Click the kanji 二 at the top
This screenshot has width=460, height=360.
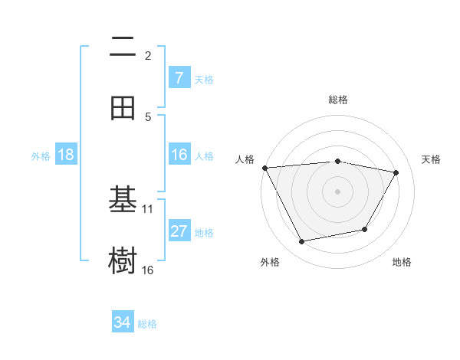pyautogui.click(x=123, y=48)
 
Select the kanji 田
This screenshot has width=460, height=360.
pyautogui.click(x=123, y=108)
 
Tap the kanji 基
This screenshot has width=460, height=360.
pyautogui.click(x=123, y=201)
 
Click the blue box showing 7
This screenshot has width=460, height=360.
pyautogui.click(x=179, y=78)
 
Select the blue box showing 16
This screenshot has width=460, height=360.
pyautogui.click(x=179, y=155)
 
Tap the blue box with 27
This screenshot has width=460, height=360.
pyautogui.click(x=179, y=231)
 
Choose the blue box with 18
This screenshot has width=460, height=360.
pyautogui.click(x=65, y=155)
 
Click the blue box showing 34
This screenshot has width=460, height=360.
pyautogui.click(x=122, y=322)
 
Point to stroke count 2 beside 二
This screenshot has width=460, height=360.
pyautogui.click(x=148, y=55)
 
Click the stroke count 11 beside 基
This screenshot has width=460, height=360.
pyautogui.click(x=148, y=208)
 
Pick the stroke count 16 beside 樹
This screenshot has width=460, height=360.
pyautogui.click(x=148, y=270)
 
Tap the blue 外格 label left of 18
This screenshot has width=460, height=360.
pyautogui.click(x=41, y=155)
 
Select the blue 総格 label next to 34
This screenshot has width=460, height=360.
pyautogui.click(x=147, y=324)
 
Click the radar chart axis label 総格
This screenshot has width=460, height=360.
pyautogui.click(x=337, y=100)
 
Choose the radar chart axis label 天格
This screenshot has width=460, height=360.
pyautogui.click(x=431, y=159)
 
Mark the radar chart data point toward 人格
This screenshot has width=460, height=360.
pyautogui.click(x=264, y=168)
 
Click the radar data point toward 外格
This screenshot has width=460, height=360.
pyautogui.click(x=302, y=242)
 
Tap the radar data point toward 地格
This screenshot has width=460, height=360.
pyautogui.click(x=365, y=229)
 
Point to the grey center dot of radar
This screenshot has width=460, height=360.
pyautogui.click(x=337, y=191)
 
